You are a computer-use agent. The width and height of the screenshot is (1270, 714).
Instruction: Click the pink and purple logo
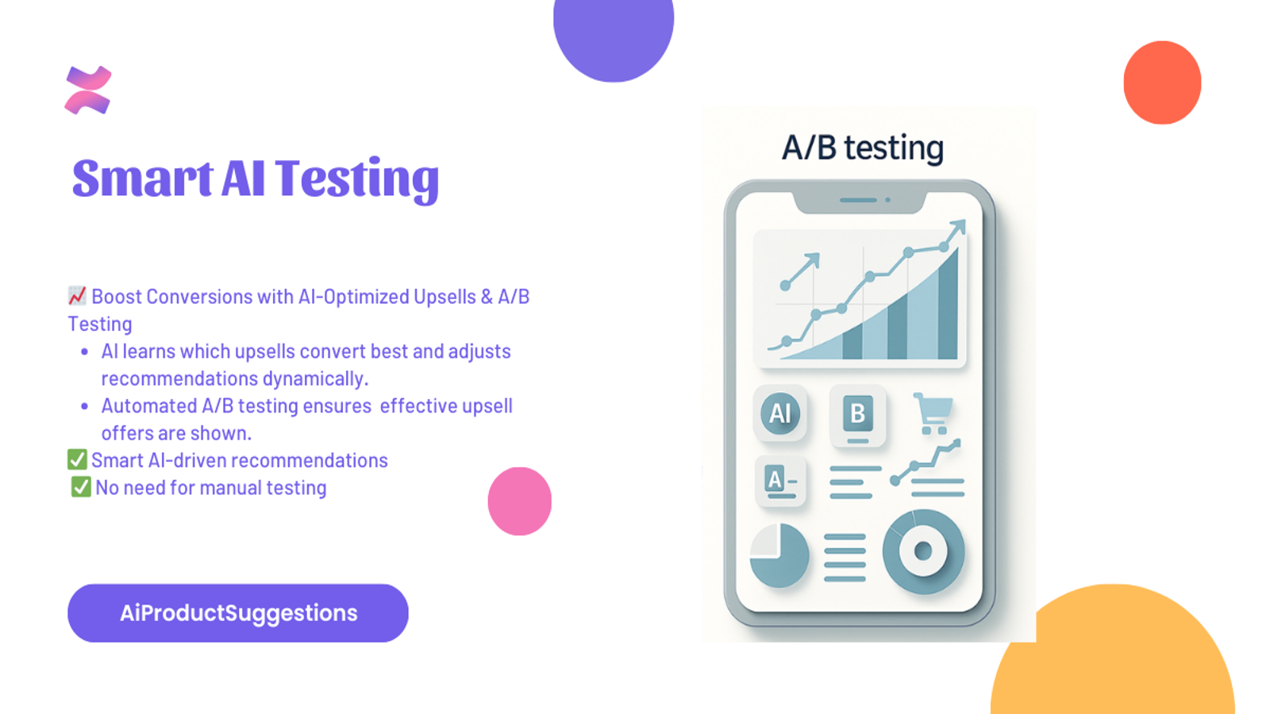(x=88, y=90)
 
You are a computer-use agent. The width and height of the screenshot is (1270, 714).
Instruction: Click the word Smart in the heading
(x=142, y=178)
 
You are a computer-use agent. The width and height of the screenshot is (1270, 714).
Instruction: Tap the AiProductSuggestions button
(x=238, y=613)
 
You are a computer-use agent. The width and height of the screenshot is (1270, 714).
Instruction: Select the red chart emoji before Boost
(x=77, y=296)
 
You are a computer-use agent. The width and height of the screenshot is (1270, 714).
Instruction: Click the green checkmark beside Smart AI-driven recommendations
(x=77, y=459)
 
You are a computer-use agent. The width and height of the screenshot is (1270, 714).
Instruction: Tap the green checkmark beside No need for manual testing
(x=81, y=487)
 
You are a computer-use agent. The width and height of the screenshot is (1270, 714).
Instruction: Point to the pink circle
(x=519, y=501)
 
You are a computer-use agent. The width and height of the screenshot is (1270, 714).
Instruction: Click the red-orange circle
(x=1162, y=83)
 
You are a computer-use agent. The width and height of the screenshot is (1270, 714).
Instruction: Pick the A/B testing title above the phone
(x=862, y=148)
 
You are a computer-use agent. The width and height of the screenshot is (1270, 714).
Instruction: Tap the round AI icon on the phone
(x=780, y=413)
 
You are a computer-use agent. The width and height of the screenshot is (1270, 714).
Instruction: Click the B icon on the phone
(x=857, y=415)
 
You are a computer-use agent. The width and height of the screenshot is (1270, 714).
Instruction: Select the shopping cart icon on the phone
(x=933, y=413)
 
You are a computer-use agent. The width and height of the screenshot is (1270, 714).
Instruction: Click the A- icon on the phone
(x=781, y=481)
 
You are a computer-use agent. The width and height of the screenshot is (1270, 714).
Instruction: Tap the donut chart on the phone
(x=924, y=551)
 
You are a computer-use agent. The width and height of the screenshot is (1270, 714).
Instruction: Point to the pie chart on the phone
(x=779, y=555)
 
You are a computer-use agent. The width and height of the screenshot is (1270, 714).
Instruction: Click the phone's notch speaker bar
(x=858, y=200)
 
